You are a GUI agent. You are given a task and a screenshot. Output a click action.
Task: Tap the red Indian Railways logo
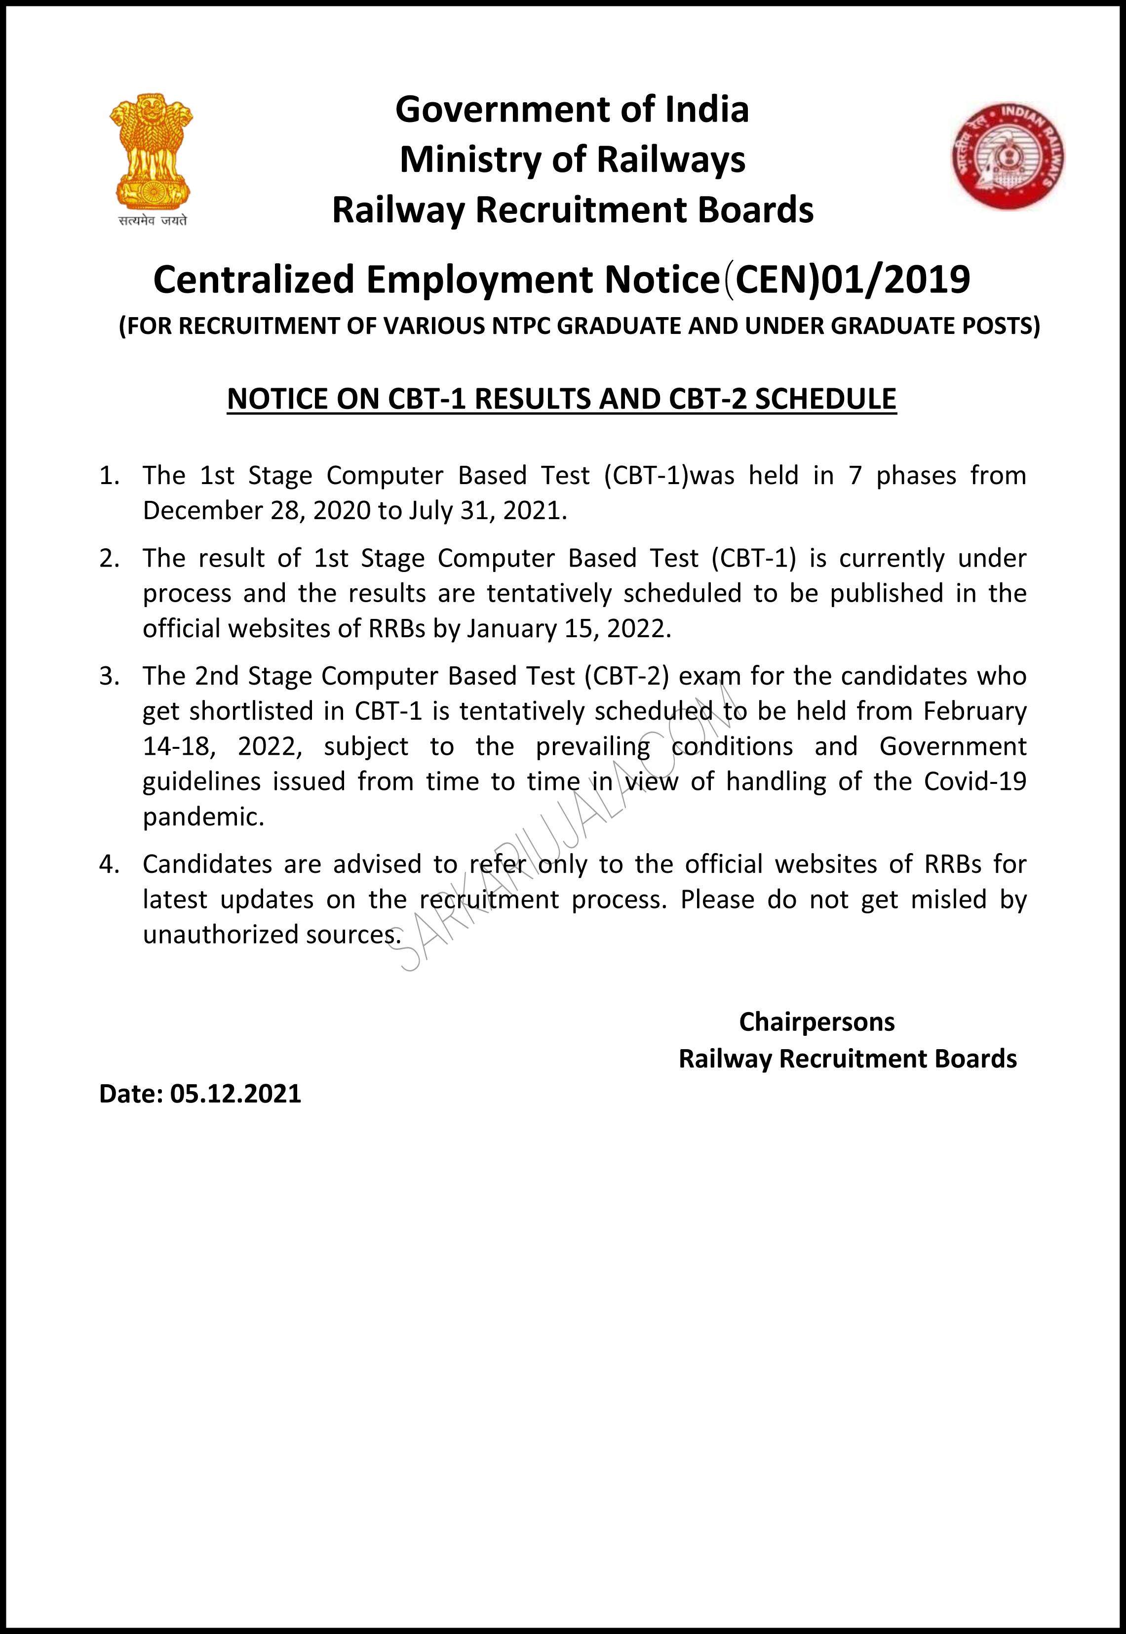[x=1008, y=156]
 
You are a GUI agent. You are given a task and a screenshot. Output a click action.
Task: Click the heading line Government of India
[x=572, y=109]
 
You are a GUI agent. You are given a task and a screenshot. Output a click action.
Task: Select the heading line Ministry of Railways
[x=572, y=160]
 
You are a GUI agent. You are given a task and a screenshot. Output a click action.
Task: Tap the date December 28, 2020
[x=257, y=510]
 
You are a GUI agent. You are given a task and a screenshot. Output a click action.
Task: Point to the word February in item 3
[x=974, y=711]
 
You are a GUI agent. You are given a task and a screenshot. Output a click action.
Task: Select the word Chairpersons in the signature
[x=816, y=1022]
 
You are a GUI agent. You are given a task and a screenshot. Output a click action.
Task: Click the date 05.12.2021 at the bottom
[x=235, y=1093]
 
